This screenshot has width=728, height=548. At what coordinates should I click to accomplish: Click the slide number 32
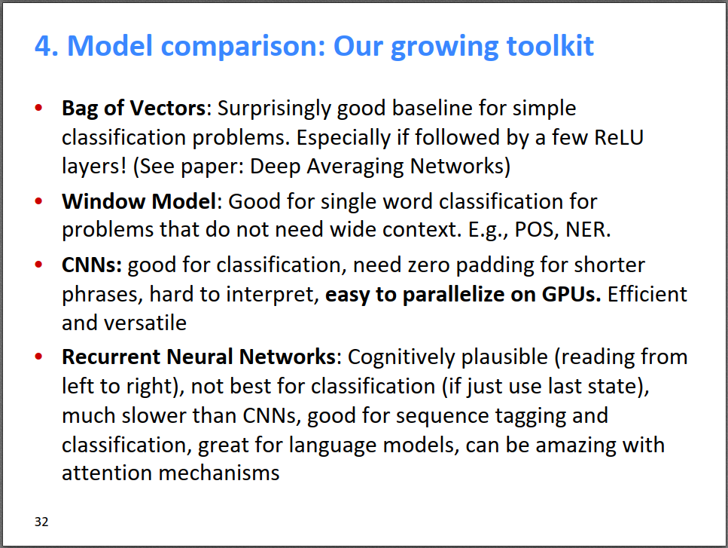tap(41, 522)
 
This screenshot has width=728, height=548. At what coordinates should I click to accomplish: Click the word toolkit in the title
tap(550, 45)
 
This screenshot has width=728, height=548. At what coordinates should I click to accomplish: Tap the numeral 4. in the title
tap(47, 46)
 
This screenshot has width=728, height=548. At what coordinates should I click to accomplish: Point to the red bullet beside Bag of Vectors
tap(38, 108)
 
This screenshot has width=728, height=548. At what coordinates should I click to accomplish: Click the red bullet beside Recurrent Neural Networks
tap(38, 357)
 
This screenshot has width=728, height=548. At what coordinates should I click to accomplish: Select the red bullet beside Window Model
tap(38, 201)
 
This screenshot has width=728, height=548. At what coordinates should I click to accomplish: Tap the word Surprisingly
tap(274, 109)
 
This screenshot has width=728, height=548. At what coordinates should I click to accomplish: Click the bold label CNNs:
tap(92, 265)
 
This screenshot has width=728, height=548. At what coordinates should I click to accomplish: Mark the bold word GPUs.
tap(571, 295)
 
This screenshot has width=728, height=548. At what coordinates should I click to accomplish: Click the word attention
tap(107, 473)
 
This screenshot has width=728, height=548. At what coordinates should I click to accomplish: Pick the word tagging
tap(531, 416)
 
